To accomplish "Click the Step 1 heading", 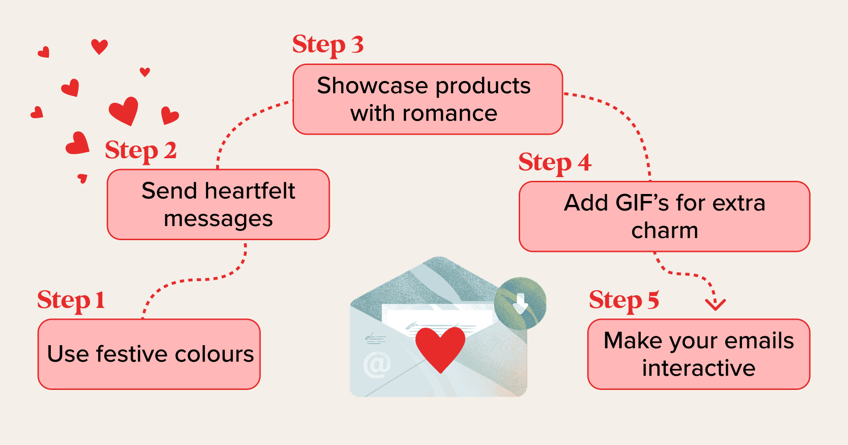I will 71,300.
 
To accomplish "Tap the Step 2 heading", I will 140,151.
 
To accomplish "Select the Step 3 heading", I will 328,45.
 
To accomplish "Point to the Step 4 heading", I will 554,162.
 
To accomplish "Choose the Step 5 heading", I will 624,300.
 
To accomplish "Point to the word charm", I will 664,231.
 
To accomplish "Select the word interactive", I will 699,368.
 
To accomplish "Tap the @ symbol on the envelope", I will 377,364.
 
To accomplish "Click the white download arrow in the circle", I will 520,303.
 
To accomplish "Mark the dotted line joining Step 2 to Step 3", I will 240,125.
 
